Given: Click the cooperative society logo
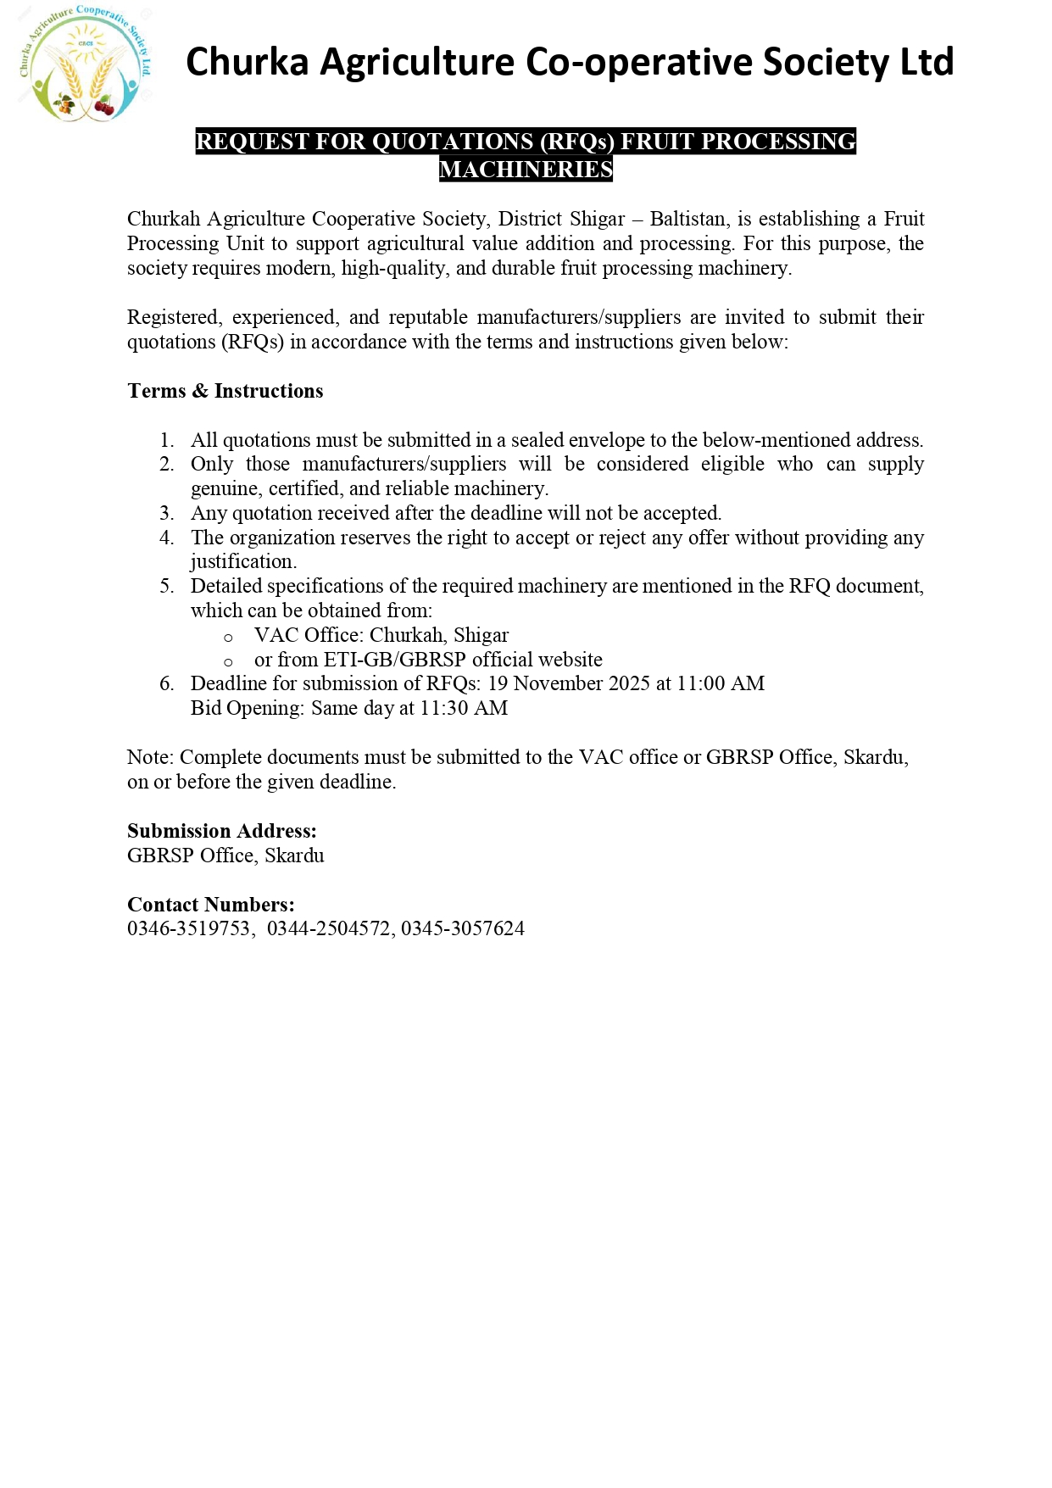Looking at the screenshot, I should tap(86, 64).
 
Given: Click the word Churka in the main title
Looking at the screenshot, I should tap(246, 63).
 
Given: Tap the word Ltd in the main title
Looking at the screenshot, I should tap(927, 63).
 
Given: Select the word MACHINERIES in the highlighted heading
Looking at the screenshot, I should tap(526, 170).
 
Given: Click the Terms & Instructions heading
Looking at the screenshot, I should tap(225, 391).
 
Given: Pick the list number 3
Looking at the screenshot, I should tap(167, 513).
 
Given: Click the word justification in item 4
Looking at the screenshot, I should tap(242, 561).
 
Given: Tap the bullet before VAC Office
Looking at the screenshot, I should tap(228, 637).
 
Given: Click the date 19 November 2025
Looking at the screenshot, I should tap(569, 683).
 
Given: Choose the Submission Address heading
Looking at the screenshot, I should tap(222, 831).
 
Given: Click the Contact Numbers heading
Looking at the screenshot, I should tap(211, 905).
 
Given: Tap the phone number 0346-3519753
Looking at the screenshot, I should tap(189, 929).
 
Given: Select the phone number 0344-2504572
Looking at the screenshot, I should tap(329, 929).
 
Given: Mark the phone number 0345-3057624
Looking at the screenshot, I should tap(463, 929).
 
